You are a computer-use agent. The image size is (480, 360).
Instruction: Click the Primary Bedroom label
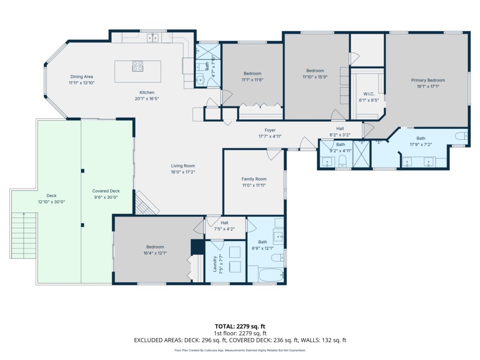click(427, 80)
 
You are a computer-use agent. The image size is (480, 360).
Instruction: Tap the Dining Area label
click(82, 76)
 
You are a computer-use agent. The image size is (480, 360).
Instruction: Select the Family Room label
click(254, 179)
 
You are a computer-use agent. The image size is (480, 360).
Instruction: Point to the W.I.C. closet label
click(368, 94)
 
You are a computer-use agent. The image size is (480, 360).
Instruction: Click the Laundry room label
click(215, 264)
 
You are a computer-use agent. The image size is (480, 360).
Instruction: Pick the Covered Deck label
click(106, 191)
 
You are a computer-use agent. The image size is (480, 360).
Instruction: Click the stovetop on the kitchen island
click(137, 66)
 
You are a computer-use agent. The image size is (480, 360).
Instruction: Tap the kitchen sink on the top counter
click(153, 38)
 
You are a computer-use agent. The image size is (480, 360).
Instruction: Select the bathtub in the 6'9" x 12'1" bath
click(271, 275)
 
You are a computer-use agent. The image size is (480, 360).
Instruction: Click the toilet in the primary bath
click(461, 135)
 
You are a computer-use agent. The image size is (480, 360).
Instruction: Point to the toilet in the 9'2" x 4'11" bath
click(342, 160)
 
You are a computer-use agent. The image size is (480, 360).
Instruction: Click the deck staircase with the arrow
click(23, 236)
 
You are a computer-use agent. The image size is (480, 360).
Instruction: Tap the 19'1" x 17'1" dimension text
click(427, 86)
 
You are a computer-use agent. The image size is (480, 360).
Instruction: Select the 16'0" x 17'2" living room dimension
click(183, 172)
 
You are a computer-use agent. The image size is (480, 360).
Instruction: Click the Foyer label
click(270, 130)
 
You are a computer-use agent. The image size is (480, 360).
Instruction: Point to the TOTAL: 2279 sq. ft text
click(240, 326)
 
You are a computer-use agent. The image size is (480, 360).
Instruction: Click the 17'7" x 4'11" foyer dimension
click(270, 136)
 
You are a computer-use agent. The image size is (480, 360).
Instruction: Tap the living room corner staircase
click(147, 202)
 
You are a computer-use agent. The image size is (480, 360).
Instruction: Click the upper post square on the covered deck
click(82, 171)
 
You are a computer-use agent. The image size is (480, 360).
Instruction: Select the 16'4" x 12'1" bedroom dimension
click(155, 253)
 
